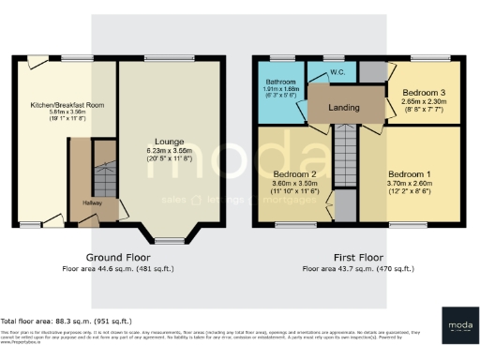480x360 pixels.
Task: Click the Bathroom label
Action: [280, 82]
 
